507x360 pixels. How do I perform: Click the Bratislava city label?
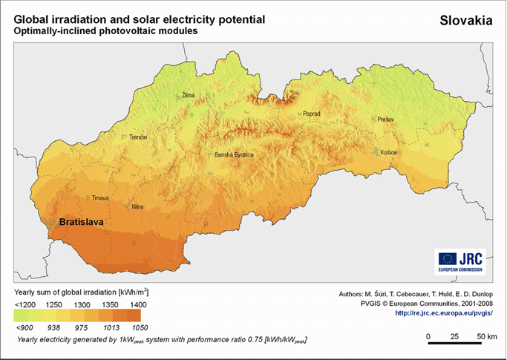(x=81, y=222)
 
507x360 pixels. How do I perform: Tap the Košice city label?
(x=388, y=153)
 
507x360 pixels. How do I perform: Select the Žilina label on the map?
(x=190, y=96)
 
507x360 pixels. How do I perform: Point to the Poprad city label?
(x=311, y=114)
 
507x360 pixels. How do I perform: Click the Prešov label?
(x=385, y=119)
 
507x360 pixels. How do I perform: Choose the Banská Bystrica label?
(x=234, y=154)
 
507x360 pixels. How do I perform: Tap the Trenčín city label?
(x=139, y=138)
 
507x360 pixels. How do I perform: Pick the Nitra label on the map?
(x=137, y=206)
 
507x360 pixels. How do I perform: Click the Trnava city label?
(x=100, y=198)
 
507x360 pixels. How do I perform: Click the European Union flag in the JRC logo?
(x=448, y=258)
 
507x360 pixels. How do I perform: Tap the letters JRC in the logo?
(x=471, y=258)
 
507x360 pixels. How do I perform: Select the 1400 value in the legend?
(x=138, y=305)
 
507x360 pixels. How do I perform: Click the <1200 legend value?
(x=24, y=305)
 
